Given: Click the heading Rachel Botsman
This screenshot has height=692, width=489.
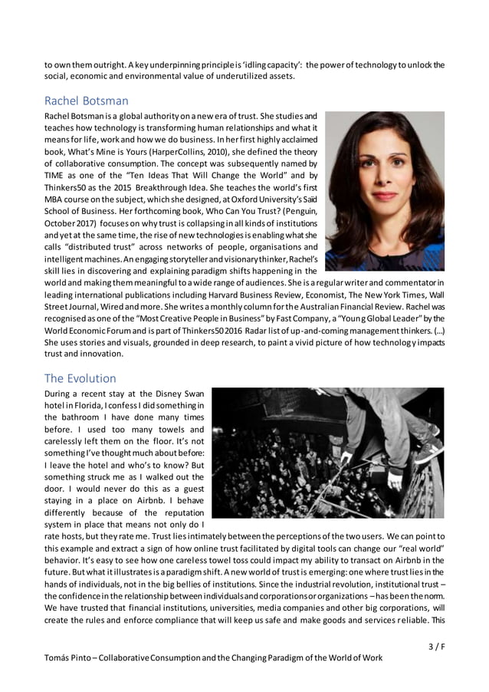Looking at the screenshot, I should click(86, 101).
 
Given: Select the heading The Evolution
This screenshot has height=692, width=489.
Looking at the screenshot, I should click(80, 378).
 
